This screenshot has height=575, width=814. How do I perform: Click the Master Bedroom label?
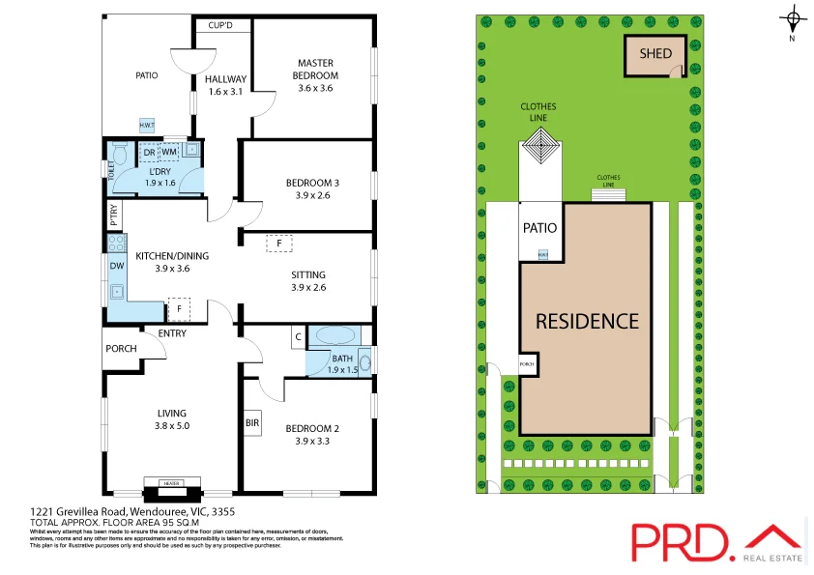(316, 71)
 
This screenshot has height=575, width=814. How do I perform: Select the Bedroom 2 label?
(311, 428)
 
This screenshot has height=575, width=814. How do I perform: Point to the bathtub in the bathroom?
(335, 337)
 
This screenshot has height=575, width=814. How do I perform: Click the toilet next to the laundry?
(120, 155)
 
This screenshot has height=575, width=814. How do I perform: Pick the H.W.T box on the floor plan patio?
(147, 126)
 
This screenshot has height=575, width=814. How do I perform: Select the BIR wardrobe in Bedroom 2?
(252, 422)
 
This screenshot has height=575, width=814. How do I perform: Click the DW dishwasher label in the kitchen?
(116, 266)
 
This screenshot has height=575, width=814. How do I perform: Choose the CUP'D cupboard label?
(221, 25)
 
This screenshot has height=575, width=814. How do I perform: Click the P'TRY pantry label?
(114, 214)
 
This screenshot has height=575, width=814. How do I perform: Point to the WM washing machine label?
(168, 152)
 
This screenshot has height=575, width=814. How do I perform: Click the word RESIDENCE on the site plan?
(587, 321)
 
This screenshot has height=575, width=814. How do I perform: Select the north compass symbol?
(793, 19)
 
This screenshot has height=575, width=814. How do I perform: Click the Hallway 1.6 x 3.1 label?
(225, 85)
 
